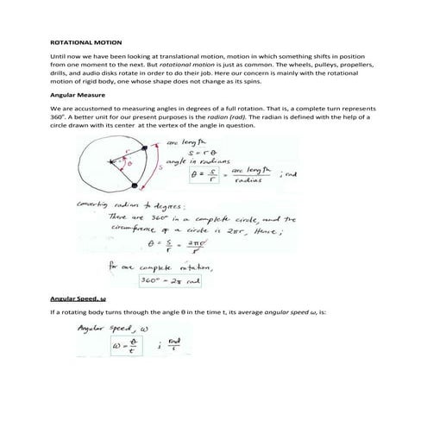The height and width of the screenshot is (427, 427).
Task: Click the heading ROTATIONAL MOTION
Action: tap(87, 41)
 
